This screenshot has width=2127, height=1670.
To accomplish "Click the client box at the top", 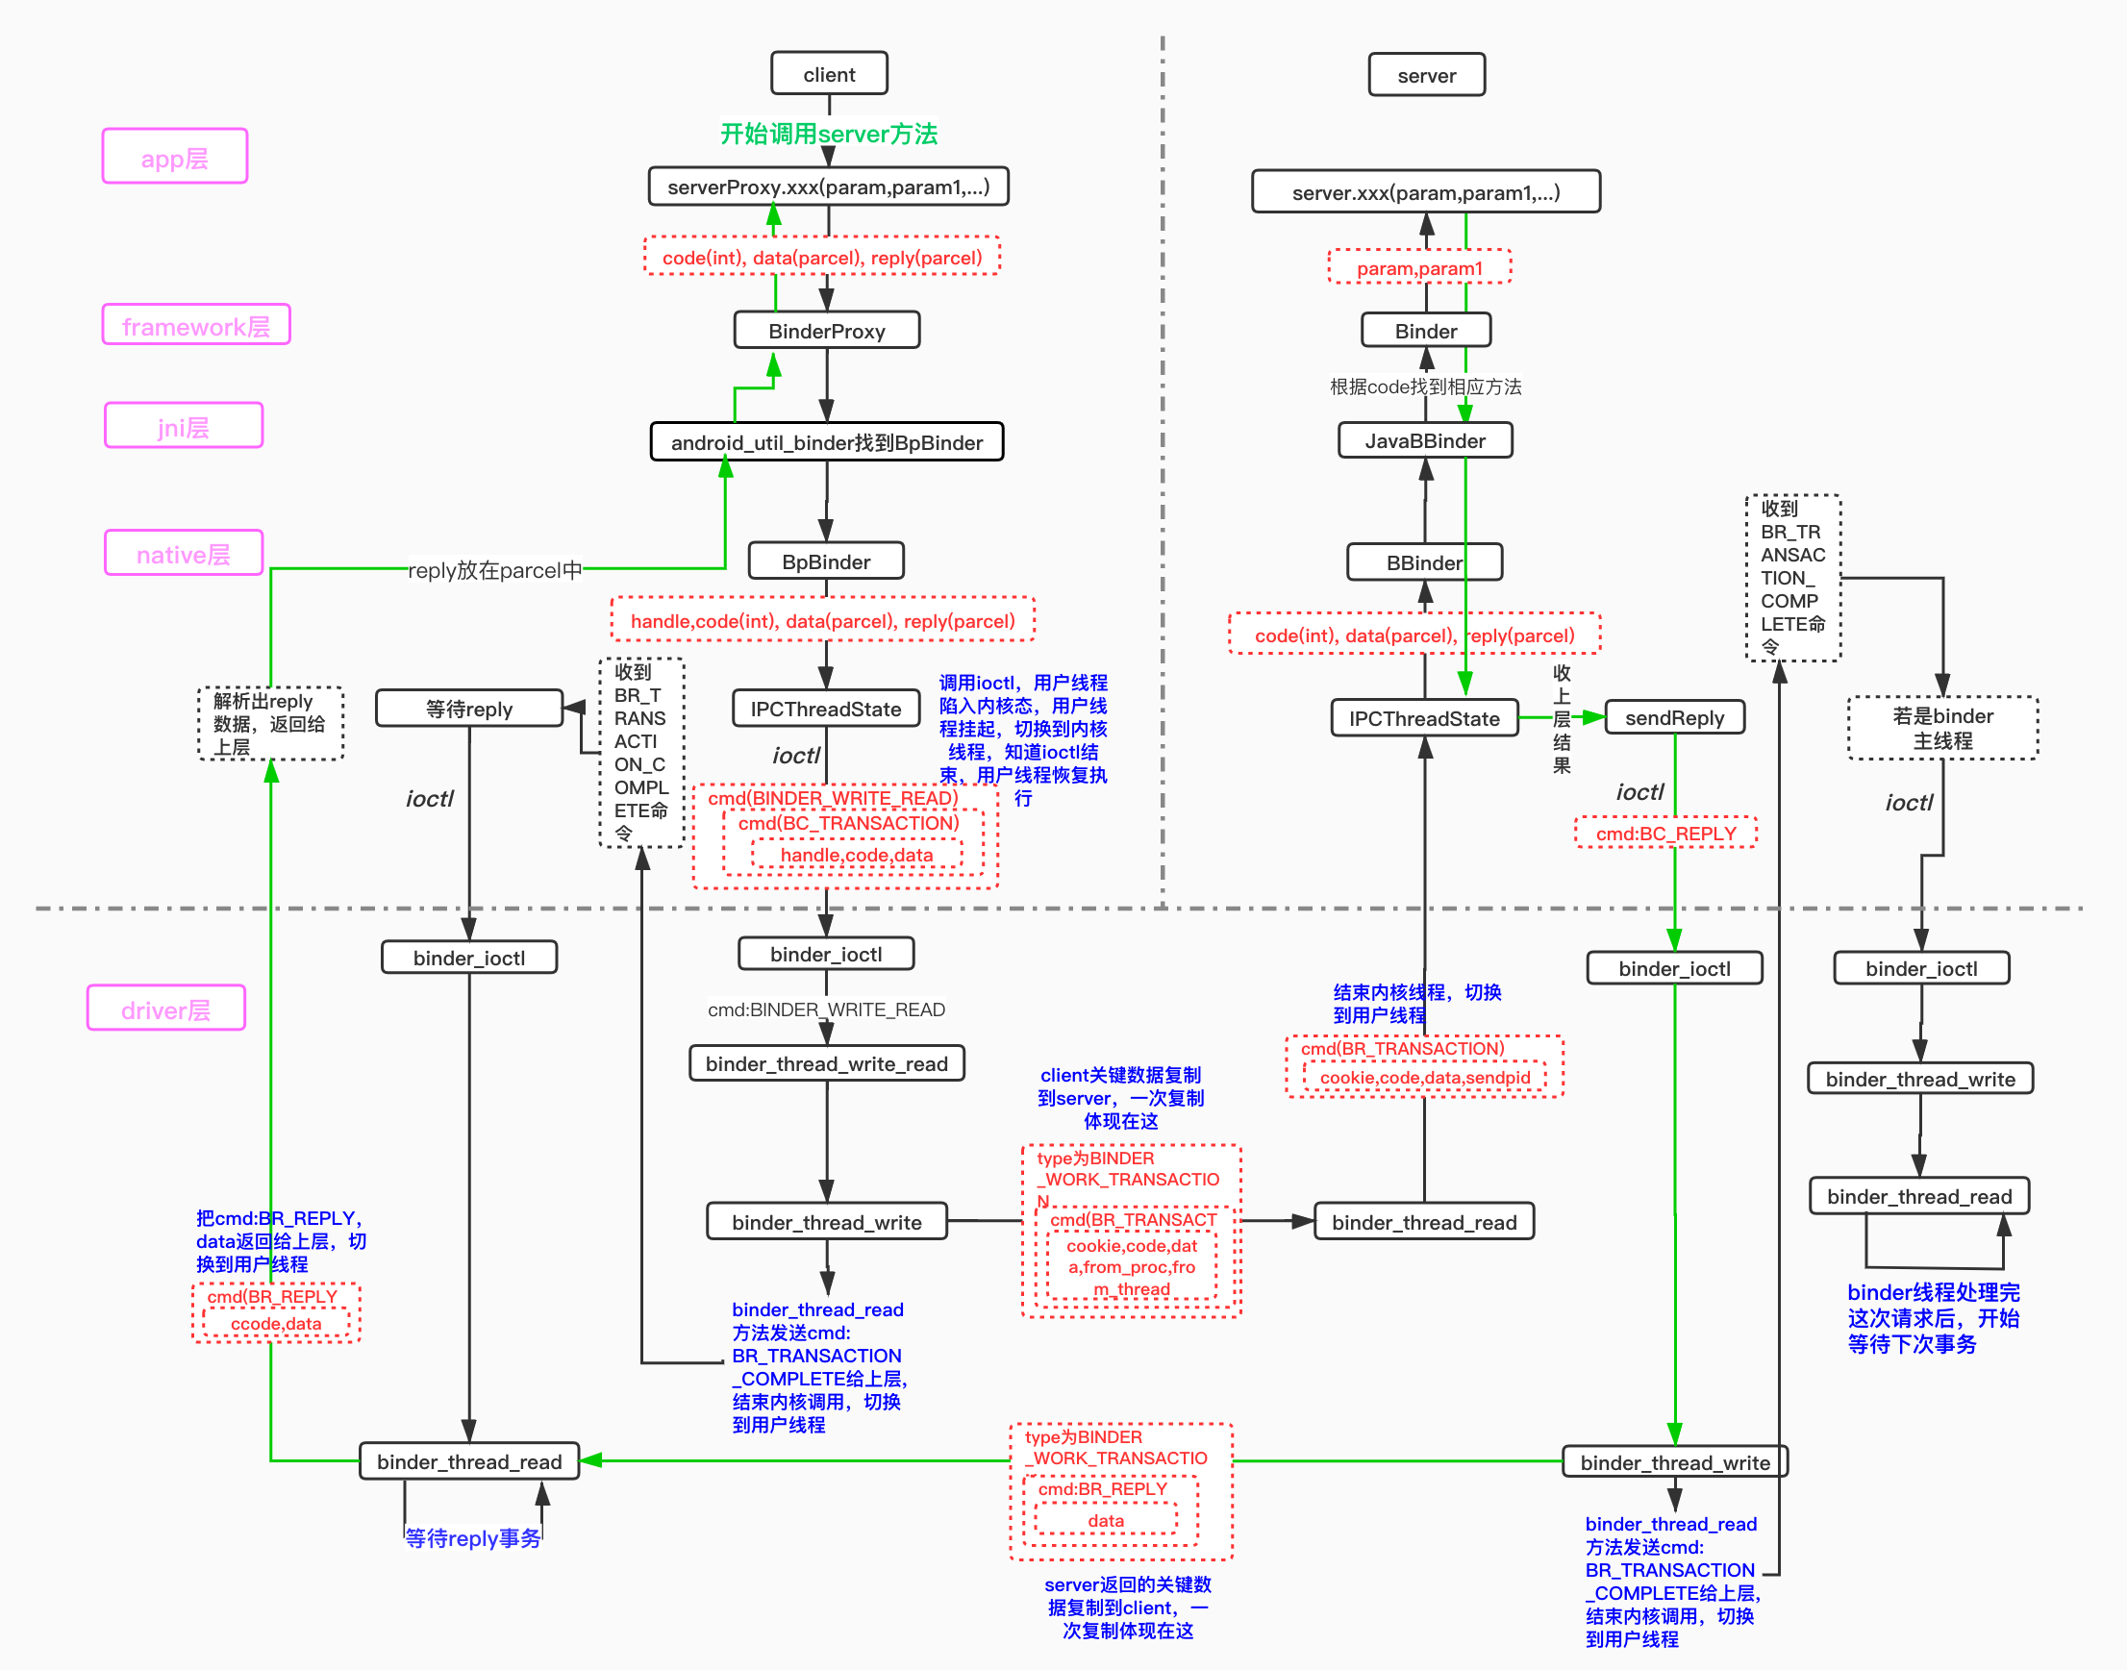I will (x=828, y=74).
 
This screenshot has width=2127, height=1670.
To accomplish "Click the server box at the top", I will (x=1426, y=75).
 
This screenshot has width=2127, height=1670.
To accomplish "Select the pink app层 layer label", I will (x=174, y=157).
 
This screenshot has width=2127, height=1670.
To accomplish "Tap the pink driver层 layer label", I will (x=165, y=1009).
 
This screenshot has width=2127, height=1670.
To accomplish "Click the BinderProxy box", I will (x=826, y=331).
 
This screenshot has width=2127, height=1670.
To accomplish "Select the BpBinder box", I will (x=825, y=561).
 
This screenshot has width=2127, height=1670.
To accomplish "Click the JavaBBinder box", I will (x=1424, y=440).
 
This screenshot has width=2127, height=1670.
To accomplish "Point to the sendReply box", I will (x=1674, y=717).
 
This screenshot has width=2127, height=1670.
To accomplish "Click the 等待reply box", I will (x=468, y=708).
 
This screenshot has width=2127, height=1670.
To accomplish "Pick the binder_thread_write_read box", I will (x=826, y=1062).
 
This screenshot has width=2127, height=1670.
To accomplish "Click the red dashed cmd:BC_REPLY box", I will (x=1665, y=833).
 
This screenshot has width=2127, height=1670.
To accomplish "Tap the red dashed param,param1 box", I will (x=1419, y=268).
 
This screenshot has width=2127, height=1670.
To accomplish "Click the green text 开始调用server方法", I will (x=828, y=134).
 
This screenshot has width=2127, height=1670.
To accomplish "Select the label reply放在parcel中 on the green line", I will (x=495, y=569).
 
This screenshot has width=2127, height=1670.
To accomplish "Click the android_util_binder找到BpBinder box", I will (x=826, y=442).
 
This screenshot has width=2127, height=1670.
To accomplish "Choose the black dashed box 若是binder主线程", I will (x=1942, y=728).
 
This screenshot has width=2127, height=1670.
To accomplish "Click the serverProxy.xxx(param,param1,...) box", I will (x=828, y=187).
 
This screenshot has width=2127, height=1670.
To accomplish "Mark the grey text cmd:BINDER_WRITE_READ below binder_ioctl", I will (x=826, y=1009).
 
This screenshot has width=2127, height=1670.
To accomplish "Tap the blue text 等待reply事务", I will (x=472, y=1538).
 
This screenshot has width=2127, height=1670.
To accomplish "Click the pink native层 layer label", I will (x=183, y=554).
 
